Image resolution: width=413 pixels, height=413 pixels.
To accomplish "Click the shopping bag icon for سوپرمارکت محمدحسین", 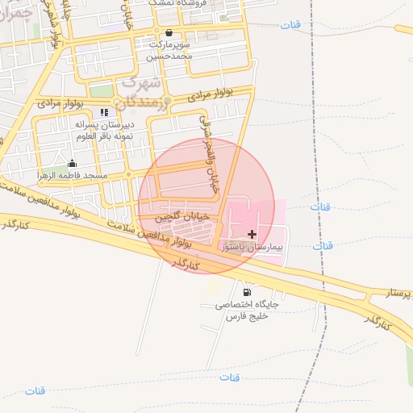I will click(168, 33).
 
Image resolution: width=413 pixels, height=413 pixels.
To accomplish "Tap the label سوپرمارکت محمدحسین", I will click(169, 51).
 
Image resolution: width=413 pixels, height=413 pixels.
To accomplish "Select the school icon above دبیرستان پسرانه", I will click(103, 112).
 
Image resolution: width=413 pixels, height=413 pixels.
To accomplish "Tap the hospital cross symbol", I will click(252, 233).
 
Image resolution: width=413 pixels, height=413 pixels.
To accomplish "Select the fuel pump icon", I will click(245, 291).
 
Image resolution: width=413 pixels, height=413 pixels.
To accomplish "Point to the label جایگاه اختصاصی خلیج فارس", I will click(246, 311).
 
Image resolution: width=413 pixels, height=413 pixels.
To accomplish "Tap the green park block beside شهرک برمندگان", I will click(101, 90).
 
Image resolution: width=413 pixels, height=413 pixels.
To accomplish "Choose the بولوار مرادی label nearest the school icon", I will click(60, 102).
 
